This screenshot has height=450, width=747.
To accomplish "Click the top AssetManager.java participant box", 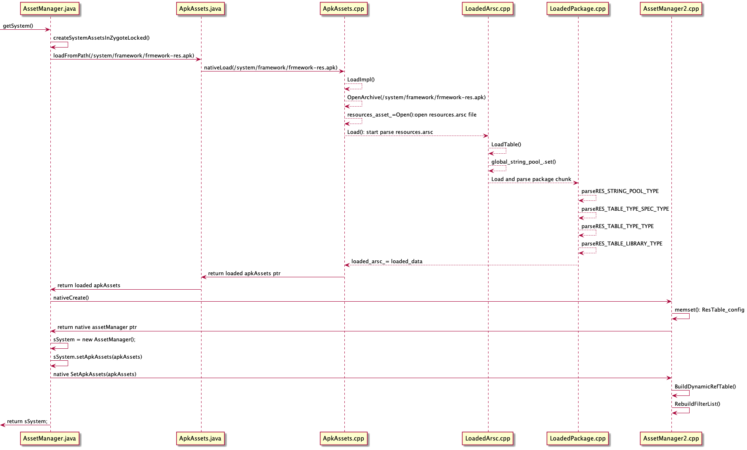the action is point(50,9).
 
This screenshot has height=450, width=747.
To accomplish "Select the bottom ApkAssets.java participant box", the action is point(200,438).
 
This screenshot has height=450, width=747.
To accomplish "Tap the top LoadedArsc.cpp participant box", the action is point(488,9).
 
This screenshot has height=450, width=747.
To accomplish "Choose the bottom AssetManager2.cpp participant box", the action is point(671,438).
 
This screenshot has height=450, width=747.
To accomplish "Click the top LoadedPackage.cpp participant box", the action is point(578,9).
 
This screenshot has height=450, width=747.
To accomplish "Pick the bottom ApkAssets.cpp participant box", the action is point(344,438).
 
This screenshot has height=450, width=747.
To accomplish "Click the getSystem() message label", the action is point(18,26).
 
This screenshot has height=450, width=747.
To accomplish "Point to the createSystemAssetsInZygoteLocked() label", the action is point(102,38).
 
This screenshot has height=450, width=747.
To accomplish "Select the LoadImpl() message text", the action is point(361,80).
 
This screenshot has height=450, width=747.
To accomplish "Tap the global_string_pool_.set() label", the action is point(524,162).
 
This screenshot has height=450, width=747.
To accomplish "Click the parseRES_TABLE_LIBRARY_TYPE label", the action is point(622,244).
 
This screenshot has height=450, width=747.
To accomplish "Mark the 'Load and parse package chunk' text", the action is point(531,179).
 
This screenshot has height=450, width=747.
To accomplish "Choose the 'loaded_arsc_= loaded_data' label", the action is point(387,262).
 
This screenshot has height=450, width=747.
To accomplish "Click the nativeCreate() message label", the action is point(71,298).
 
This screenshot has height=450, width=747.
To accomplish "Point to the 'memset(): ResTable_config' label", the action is point(709,310).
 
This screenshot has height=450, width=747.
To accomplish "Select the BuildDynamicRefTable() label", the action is point(705,387).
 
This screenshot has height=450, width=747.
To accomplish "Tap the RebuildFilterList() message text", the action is point(697,404).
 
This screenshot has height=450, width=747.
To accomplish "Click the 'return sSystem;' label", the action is point(27,421).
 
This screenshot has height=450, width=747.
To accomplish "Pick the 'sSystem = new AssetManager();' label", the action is point(94,340).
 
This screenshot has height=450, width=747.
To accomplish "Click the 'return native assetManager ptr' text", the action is point(97,327).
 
